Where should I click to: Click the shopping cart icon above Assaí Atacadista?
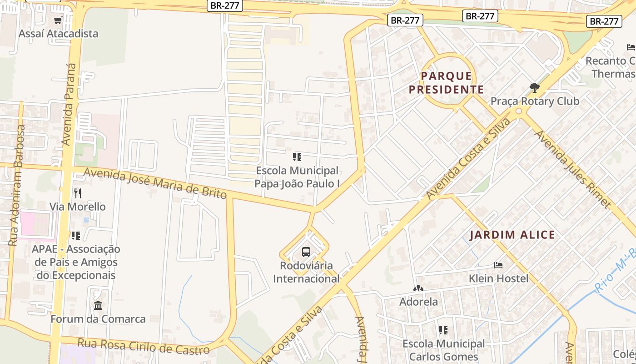[x=58, y=20]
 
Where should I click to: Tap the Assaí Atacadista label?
[x=58, y=34]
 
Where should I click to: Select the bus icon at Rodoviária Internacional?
[x=306, y=252]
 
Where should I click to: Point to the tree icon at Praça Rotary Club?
[x=535, y=88]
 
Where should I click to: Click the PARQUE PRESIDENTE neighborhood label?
[x=446, y=83]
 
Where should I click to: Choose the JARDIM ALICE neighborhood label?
[x=512, y=235]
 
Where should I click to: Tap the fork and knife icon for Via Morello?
[x=78, y=193]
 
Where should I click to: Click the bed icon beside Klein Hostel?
[x=498, y=265]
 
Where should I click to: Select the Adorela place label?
[x=418, y=302]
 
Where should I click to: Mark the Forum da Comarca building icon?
[x=98, y=305]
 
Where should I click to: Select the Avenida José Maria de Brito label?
[x=155, y=183]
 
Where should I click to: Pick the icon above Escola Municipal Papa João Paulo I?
[x=297, y=157]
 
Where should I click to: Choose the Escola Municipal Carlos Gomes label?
[x=443, y=350]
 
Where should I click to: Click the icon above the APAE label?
[x=75, y=236]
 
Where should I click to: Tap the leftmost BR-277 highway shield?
[x=225, y=6]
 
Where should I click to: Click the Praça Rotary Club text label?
[x=535, y=101]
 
